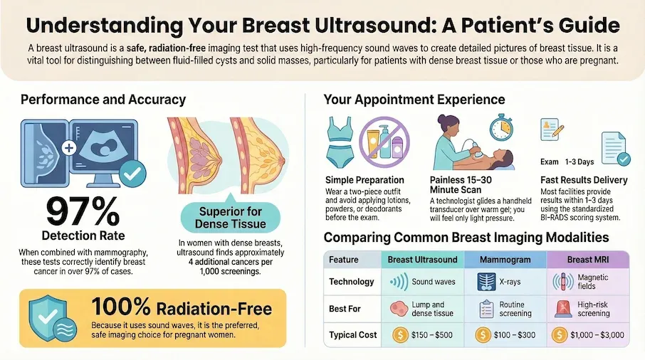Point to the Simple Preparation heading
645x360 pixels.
(x=365, y=180)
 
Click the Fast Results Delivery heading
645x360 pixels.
(x=584, y=180)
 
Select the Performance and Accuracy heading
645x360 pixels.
(x=103, y=100)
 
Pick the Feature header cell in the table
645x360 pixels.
(x=345, y=260)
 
